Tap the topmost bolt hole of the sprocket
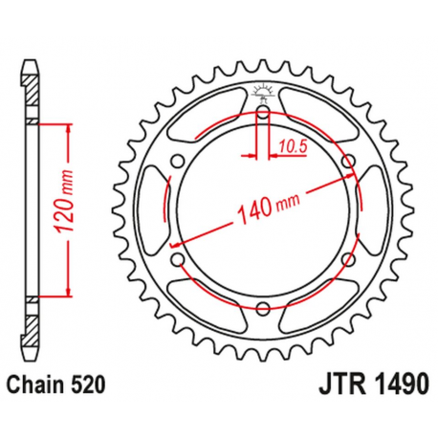pyautogui.click(x=260, y=114)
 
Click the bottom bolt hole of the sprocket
pyautogui.click(x=260, y=311)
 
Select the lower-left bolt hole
pyautogui.click(x=175, y=261)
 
